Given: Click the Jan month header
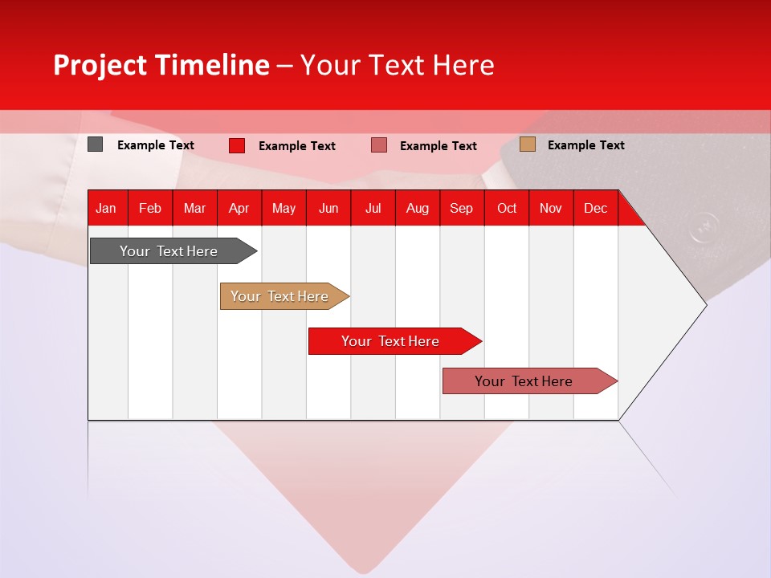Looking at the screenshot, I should click(x=106, y=208).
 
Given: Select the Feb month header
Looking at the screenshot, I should click(x=150, y=208).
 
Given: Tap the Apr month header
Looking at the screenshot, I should click(x=239, y=208).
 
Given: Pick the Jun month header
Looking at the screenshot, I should click(x=328, y=208).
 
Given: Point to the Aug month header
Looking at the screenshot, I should click(x=417, y=208).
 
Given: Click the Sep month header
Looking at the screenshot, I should click(x=461, y=208).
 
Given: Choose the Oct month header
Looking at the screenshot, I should click(x=507, y=208).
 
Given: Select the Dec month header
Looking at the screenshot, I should click(x=595, y=208).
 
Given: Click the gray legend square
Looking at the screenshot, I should click(x=96, y=144).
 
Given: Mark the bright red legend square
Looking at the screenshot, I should click(x=237, y=145).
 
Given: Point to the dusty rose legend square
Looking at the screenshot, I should click(x=379, y=145).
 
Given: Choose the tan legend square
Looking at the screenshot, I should click(x=528, y=144).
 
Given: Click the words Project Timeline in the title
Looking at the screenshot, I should click(x=161, y=65).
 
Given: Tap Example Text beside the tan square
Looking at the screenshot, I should click(x=585, y=145).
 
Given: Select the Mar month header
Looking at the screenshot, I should click(x=194, y=208).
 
